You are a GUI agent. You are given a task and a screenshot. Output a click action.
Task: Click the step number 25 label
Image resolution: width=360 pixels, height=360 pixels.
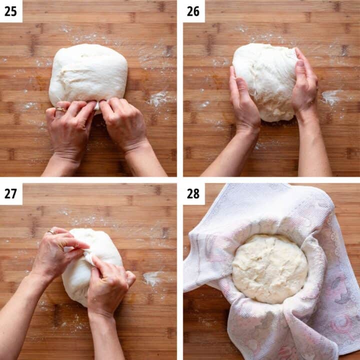tap(10, 10)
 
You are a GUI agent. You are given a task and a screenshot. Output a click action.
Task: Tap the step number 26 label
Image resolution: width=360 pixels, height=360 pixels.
tap(194, 10)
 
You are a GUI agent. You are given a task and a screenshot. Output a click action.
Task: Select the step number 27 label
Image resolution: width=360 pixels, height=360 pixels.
tap(10, 193)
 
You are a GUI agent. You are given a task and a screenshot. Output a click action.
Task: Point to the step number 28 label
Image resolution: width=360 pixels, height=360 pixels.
tap(194, 193)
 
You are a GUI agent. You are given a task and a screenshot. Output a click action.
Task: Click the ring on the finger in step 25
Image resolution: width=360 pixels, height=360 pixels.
tap(60, 109)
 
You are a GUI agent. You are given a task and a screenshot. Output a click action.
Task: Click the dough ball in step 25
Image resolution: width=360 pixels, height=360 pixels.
tap(88, 74)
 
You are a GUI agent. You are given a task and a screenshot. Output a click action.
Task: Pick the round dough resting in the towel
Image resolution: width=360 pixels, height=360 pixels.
tap(270, 267)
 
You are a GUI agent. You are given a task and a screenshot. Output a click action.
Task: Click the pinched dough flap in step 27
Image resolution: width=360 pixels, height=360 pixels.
tap(88, 257)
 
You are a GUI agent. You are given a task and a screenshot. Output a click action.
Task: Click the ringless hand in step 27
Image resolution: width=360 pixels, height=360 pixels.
tap(107, 285)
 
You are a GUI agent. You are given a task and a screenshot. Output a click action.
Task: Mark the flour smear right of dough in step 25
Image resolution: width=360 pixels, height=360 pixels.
tap(159, 98)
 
